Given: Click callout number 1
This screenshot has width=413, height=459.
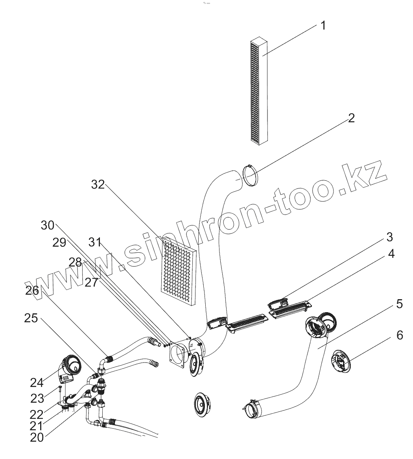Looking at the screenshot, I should point(323,26).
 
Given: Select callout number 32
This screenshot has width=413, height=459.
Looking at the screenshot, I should point(98,184).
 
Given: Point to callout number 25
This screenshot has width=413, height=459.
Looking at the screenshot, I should point(31,318).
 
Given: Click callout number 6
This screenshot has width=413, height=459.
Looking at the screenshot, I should point(399,335).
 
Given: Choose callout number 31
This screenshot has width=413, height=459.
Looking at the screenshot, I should point(95,242).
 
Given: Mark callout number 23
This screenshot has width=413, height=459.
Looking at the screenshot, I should point(38,398).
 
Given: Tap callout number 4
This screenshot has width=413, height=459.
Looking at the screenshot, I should point(391,254).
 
